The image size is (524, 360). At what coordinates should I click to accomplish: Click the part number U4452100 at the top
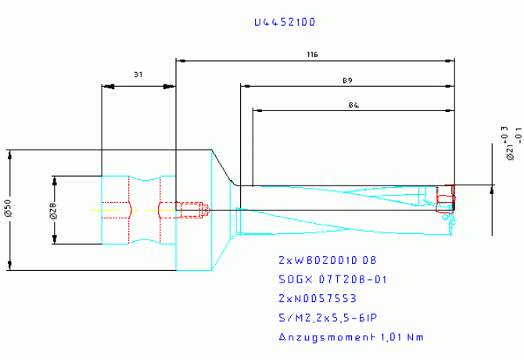click(x=285, y=23)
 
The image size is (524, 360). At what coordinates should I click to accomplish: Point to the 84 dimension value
click(x=353, y=105)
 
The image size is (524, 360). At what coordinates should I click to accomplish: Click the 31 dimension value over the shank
click(x=138, y=75)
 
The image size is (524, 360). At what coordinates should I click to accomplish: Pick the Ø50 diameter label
click(x=8, y=209)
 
